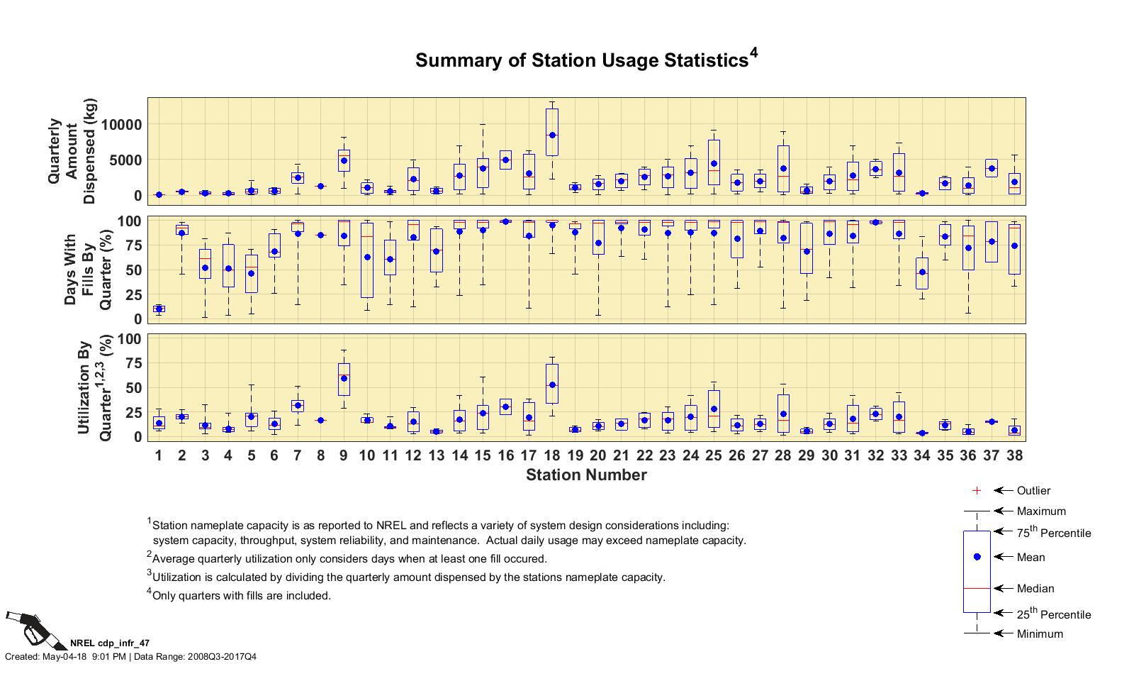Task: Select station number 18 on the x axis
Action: (x=552, y=455)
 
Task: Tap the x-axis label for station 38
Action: (x=1015, y=455)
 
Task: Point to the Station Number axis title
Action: (x=586, y=475)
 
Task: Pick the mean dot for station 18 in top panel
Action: (x=552, y=135)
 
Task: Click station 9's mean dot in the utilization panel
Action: (x=344, y=378)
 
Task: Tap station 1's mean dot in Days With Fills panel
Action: (x=159, y=309)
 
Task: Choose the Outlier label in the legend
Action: (x=1033, y=490)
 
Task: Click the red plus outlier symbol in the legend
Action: (x=977, y=490)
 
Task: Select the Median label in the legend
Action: (x=1035, y=588)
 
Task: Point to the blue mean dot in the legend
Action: (x=977, y=557)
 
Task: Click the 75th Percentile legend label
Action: (x=1054, y=533)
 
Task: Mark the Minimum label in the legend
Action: (x=1040, y=633)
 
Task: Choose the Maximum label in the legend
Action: (x=1041, y=511)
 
